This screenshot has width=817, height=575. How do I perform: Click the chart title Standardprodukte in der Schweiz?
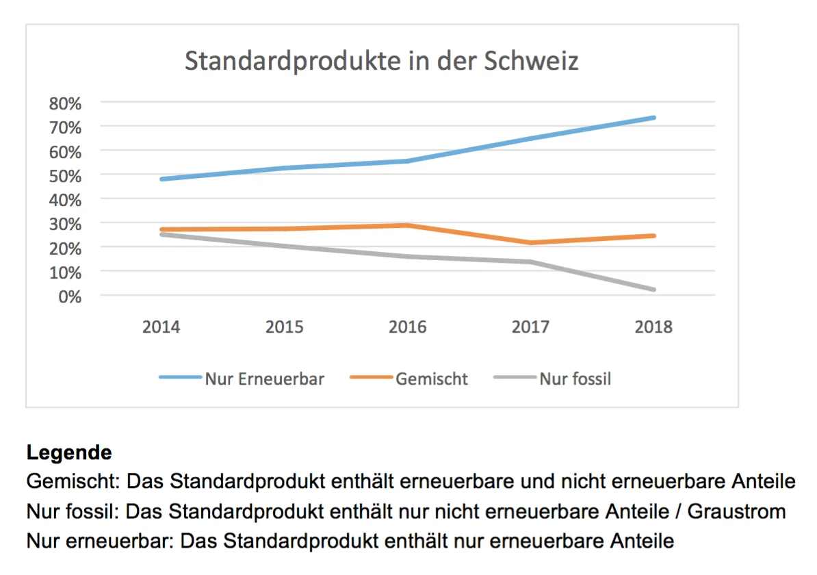pyautogui.click(x=382, y=61)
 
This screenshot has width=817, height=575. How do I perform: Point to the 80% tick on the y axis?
pyautogui.click(x=65, y=103)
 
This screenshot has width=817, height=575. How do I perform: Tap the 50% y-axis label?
pyautogui.click(x=65, y=175)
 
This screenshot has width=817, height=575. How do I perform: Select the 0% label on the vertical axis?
pyautogui.click(x=70, y=296)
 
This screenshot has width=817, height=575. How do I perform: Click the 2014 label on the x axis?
pyautogui.click(x=161, y=327)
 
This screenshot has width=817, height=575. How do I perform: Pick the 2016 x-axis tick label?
pyautogui.click(x=407, y=327)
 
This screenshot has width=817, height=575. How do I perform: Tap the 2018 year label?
pyautogui.click(x=653, y=327)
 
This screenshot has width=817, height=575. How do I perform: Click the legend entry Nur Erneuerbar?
pyautogui.click(x=264, y=379)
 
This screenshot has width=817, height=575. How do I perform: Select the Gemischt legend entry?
pyautogui.click(x=431, y=379)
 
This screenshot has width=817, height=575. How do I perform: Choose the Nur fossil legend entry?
pyautogui.click(x=575, y=379)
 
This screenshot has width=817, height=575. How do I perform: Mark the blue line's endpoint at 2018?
pyautogui.click(x=653, y=118)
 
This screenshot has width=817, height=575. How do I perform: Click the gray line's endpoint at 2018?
pyautogui.click(x=653, y=290)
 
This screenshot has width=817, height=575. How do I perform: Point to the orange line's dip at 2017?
pyautogui.click(x=530, y=243)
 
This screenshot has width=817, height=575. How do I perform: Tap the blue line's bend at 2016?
pyautogui.click(x=407, y=161)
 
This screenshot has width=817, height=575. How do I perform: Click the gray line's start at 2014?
pyautogui.click(x=161, y=234)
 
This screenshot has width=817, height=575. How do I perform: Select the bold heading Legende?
pyautogui.click(x=68, y=452)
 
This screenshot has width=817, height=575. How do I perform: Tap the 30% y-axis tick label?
pyautogui.click(x=65, y=224)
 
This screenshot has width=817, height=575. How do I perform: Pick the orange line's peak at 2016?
pyautogui.click(x=407, y=225)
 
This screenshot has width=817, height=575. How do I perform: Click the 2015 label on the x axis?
pyautogui.click(x=284, y=327)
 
